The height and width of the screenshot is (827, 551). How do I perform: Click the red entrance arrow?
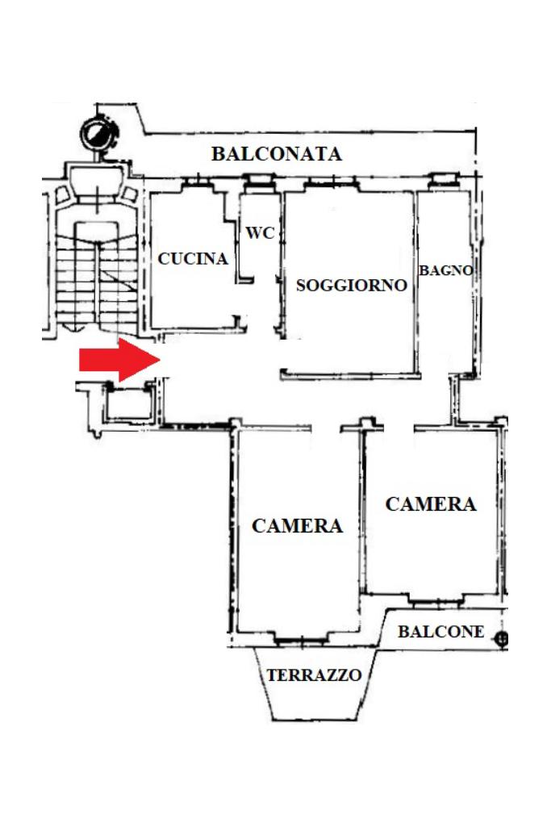click(118, 359)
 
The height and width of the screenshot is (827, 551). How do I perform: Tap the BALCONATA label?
click(276, 154)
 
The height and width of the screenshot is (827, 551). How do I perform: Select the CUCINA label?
click(193, 259)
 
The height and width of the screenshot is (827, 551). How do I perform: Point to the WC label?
click(260, 233)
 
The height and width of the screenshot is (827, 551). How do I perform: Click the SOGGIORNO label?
click(351, 286)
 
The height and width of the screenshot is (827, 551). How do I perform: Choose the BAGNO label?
click(445, 271)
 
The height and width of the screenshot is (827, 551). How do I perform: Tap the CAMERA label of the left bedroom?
click(297, 526)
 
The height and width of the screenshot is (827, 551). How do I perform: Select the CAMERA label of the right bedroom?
click(430, 504)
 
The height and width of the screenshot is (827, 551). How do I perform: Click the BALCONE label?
click(441, 632)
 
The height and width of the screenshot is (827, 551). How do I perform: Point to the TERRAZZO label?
click(314, 675)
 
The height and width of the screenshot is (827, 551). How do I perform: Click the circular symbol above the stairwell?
click(98, 131)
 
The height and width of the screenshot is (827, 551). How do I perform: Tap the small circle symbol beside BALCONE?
click(503, 640)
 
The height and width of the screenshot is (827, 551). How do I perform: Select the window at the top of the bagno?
click(443, 178)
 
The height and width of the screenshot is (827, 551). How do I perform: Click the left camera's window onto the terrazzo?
click(299, 641)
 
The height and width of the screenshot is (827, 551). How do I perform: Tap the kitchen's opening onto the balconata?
click(194, 183)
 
